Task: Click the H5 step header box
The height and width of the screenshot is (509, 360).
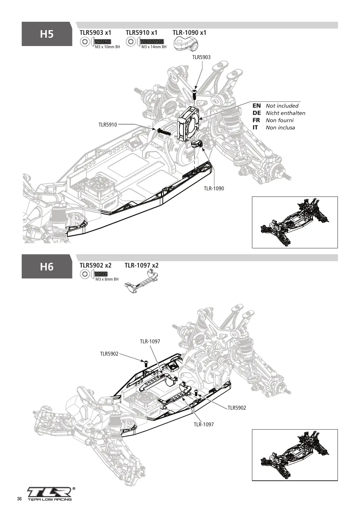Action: point(47,34)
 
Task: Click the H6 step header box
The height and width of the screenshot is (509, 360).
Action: point(47,266)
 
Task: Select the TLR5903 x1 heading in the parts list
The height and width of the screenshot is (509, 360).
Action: point(95,33)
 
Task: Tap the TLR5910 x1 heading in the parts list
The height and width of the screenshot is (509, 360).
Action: point(142,33)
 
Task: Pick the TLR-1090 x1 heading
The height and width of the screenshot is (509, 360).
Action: point(190,33)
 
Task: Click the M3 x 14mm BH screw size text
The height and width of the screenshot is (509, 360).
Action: point(154,47)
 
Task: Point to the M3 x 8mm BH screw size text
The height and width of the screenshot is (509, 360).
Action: point(107,279)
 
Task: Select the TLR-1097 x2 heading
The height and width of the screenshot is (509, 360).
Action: point(142,265)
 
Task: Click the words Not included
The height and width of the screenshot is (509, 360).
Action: point(282,105)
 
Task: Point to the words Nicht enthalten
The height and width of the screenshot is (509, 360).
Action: point(285,113)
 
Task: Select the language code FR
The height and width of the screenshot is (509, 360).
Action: point(256,120)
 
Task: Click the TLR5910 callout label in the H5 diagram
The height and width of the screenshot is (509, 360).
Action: point(108,124)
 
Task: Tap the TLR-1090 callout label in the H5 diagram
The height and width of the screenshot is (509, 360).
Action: point(214,189)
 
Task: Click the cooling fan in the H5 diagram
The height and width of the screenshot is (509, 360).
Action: point(189,123)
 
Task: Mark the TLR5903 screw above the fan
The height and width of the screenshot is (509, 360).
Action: point(195,94)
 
